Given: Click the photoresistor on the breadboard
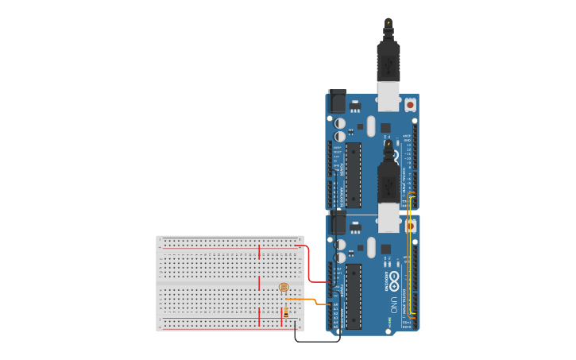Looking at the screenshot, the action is (284, 287).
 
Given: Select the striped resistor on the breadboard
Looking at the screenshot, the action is (286, 313).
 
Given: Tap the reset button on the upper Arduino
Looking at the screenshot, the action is (410, 104).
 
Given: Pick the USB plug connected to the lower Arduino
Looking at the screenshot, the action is (388, 183).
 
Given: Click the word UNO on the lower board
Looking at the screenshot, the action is (394, 305).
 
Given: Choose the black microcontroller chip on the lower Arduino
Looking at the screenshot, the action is (354, 296).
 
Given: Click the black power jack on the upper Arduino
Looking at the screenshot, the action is (338, 102).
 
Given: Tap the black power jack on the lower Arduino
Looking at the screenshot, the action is (338, 223).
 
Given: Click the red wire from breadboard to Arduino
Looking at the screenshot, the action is (309, 266).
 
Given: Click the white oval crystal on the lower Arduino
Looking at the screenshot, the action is (370, 247).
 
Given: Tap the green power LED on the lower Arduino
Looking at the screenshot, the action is (389, 319).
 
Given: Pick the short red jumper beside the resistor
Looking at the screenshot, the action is (259, 317).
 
